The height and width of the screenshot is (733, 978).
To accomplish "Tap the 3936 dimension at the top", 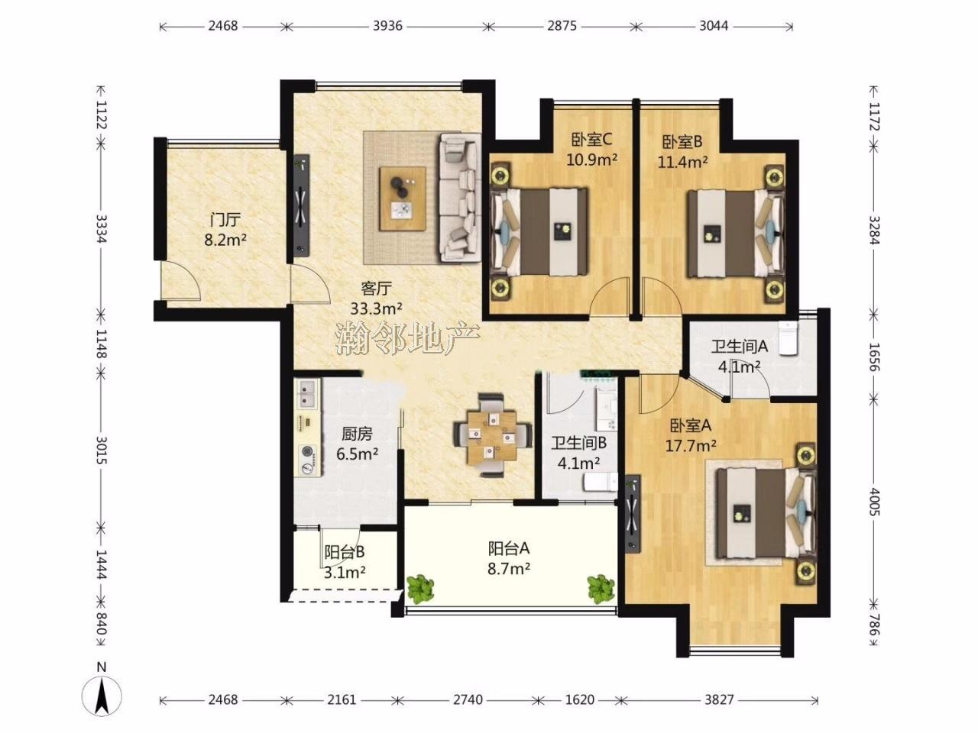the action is pyautogui.click(x=387, y=26).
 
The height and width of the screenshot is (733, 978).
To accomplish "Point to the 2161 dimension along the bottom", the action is pyautogui.click(x=342, y=700).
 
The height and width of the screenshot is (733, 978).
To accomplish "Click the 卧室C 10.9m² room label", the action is pyautogui.click(x=591, y=149).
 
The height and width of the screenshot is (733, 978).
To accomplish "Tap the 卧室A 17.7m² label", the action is pyautogui.click(x=691, y=435).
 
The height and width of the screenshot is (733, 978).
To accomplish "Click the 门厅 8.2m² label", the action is pyautogui.click(x=225, y=230).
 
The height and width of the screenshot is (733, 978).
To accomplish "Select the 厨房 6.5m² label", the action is pyautogui.click(x=357, y=444).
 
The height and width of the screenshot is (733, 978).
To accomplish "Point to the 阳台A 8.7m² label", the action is pyautogui.click(x=509, y=559).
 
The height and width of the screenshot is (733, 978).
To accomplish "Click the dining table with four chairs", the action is pyautogui.click(x=492, y=435).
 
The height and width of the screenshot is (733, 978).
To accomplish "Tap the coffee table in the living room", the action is pyautogui.click(x=403, y=199).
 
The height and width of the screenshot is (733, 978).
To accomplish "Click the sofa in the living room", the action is pyautogui.click(x=460, y=197).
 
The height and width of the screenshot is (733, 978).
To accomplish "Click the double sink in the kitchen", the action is pyautogui.click(x=306, y=394).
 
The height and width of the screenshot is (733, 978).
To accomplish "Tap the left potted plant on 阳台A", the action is pyautogui.click(x=420, y=589).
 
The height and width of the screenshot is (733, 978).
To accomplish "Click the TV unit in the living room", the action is pyautogui.click(x=302, y=205).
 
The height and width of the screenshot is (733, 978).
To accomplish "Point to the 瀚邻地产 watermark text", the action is pyautogui.click(x=407, y=338).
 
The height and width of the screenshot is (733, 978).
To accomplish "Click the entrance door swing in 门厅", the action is pyautogui.click(x=180, y=279).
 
